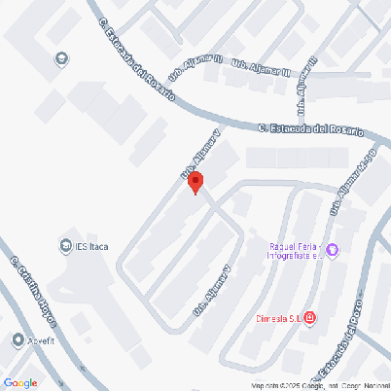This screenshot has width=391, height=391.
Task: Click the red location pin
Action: click(x=195, y=182)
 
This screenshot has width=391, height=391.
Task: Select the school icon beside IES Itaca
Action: click(x=66, y=245)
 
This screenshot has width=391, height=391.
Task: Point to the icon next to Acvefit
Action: click(x=18, y=339)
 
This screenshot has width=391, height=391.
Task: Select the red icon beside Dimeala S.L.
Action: click(x=309, y=317)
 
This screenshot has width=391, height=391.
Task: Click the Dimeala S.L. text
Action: click(x=278, y=317)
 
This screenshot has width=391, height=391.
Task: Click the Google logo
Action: click(x=20, y=383)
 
